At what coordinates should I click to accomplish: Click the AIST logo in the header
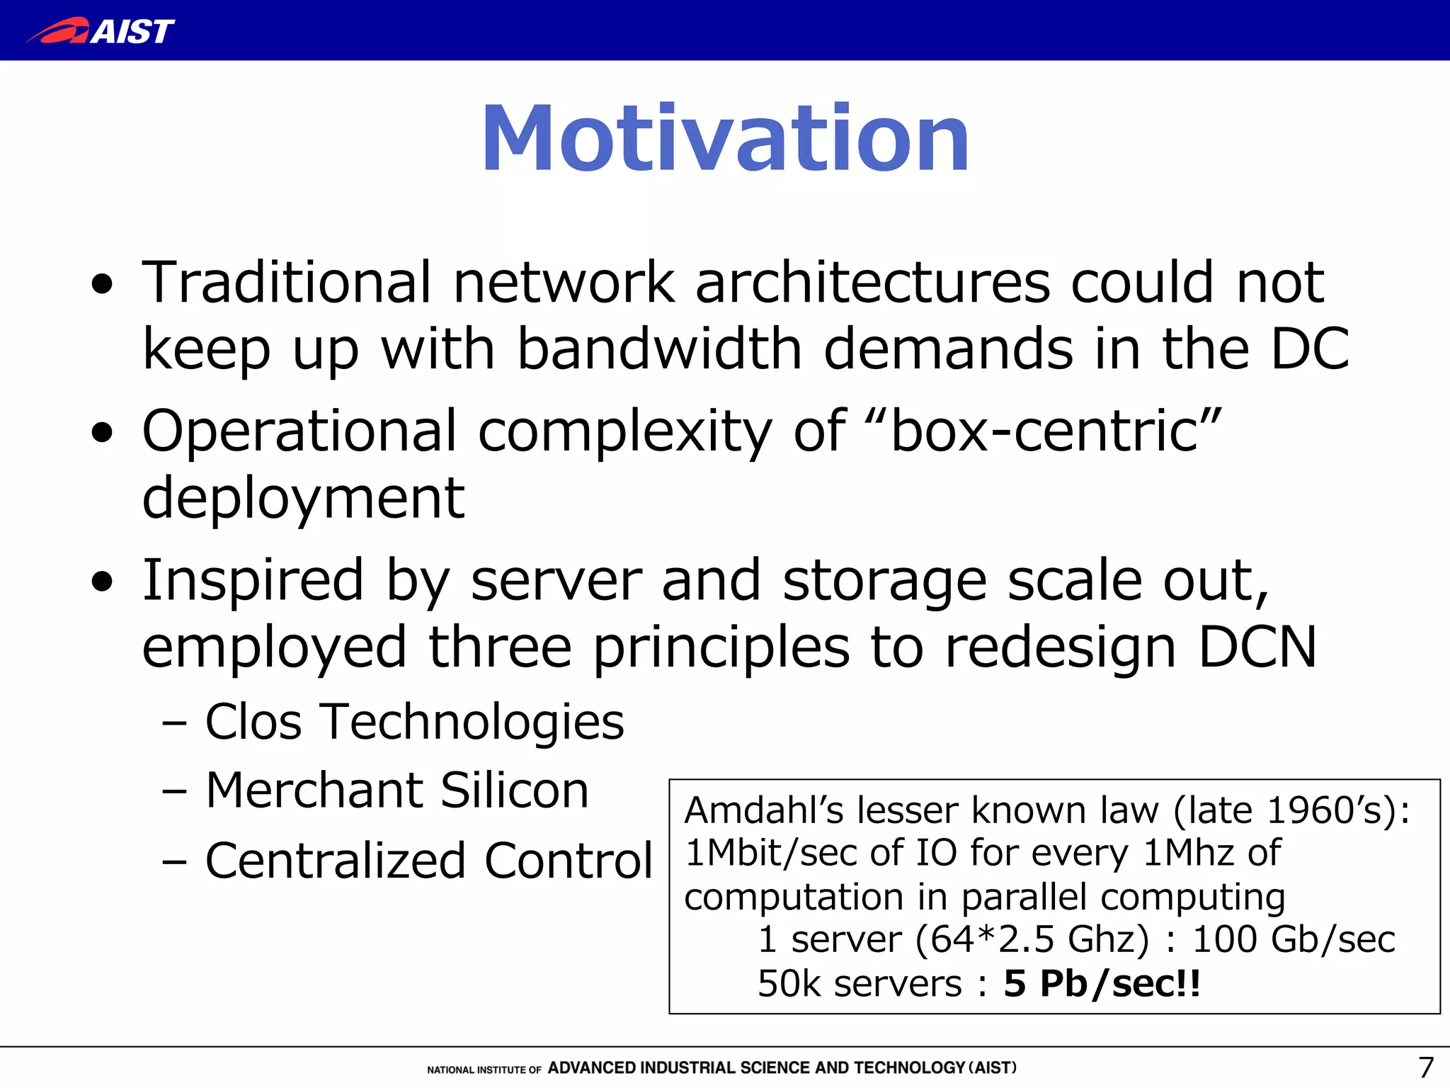click(x=101, y=30)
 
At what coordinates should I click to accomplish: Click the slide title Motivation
click(x=725, y=138)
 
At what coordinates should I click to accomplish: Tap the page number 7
click(x=1425, y=1067)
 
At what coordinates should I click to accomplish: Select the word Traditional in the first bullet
click(x=287, y=282)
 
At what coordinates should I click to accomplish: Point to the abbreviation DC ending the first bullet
click(x=1310, y=348)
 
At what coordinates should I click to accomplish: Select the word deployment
click(x=303, y=498)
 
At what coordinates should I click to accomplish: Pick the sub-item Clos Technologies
click(x=414, y=722)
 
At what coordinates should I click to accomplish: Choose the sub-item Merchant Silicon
click(x=396, y=790)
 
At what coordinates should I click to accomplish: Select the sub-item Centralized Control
click(x=428, y=861)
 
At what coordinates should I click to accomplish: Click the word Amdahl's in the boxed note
click(x=764, y=810)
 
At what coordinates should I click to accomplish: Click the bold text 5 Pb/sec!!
click(x=1102, y=983)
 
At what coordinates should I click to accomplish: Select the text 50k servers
click(x=860, y=983)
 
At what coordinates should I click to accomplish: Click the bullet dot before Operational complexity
click(x=103, y=433)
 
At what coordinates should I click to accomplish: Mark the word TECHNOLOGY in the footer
click(x=909, y=1067)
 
